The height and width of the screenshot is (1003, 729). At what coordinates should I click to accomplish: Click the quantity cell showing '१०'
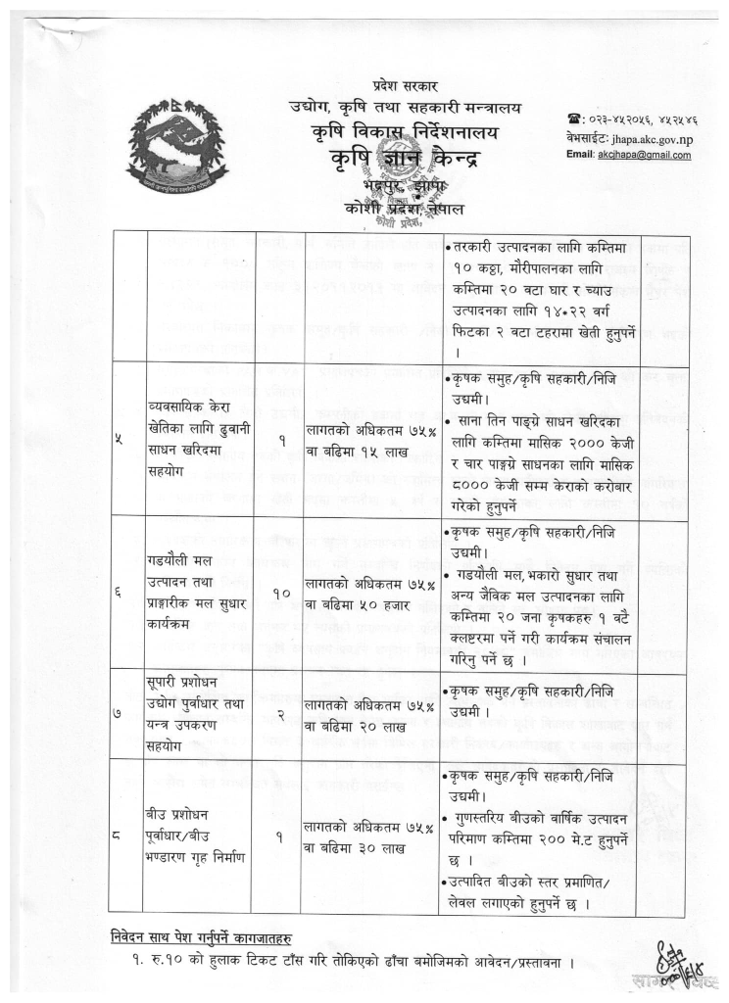(x=279, y=592)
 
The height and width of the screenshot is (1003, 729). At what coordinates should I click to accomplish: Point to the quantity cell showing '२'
(x=279, y=717)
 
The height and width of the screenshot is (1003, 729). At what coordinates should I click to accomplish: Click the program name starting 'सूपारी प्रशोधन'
(x=201, y=717)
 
